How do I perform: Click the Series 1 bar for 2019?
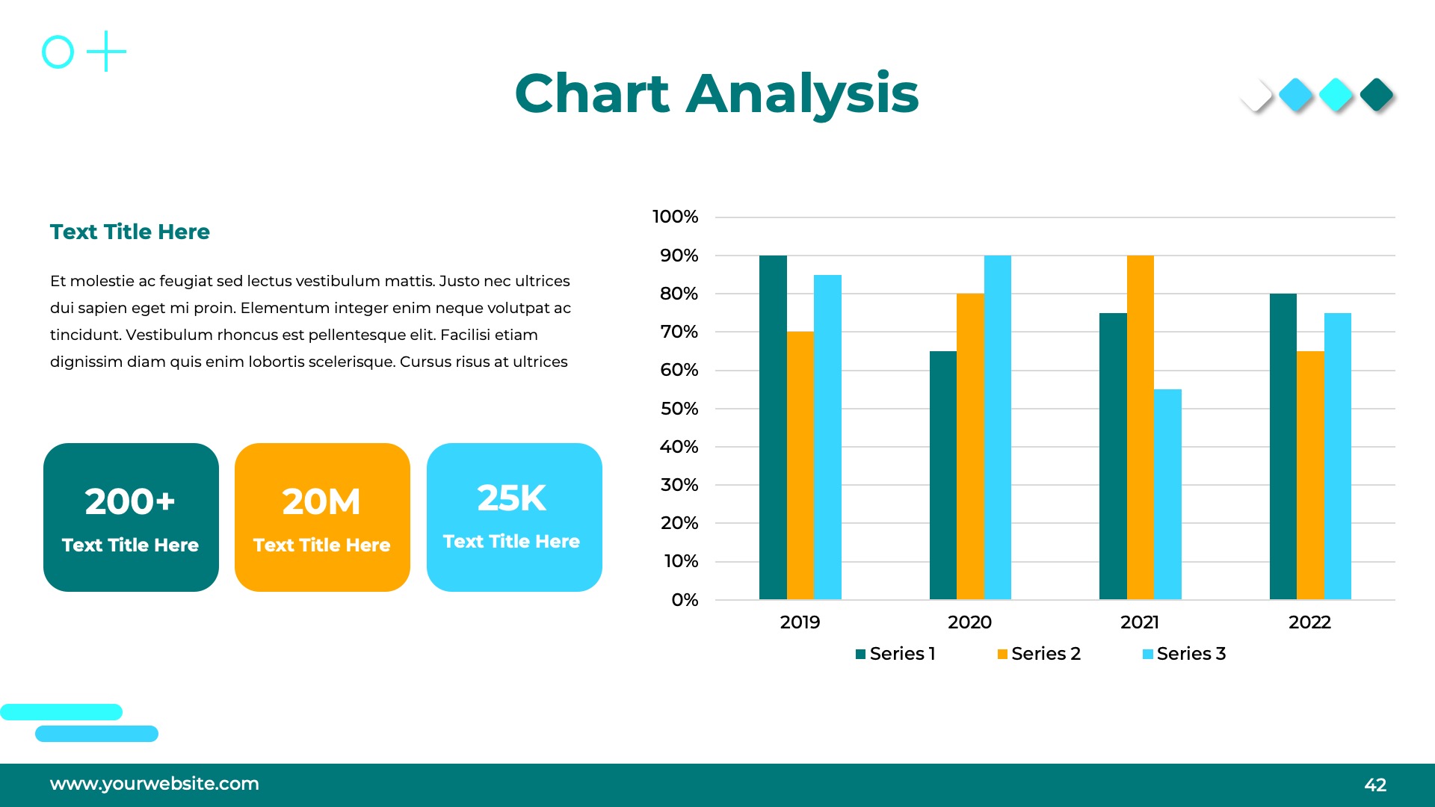(x=773, y=427)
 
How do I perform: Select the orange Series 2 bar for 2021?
(x=1140, y=427)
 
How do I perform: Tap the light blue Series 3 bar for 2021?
(x=1167, y=494)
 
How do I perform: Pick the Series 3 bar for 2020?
(x=997, y=427)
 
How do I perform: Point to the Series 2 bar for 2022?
(x=1310, y=475)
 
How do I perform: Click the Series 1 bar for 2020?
(x=942, y=475)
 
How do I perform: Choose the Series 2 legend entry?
(x=1039, y=654)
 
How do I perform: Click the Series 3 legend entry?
(x=1185, y=654)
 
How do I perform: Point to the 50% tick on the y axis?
(x=679, y=409)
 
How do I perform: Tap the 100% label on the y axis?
(x=675, y=217)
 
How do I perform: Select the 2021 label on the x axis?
(x=1140, y=622)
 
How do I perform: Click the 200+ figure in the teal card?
(x=130, y=501)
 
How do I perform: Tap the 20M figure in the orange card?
(x=321, y=501)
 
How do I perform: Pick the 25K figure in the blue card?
(x=512, y=498)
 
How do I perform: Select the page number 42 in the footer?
(x=1375, y=785)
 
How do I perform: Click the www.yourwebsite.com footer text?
(x=155, y=784)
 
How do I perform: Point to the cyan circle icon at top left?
(x=58, y=52)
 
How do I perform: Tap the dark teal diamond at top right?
(x=1377, y=95)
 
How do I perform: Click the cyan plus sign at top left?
(x=106, y=52)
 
